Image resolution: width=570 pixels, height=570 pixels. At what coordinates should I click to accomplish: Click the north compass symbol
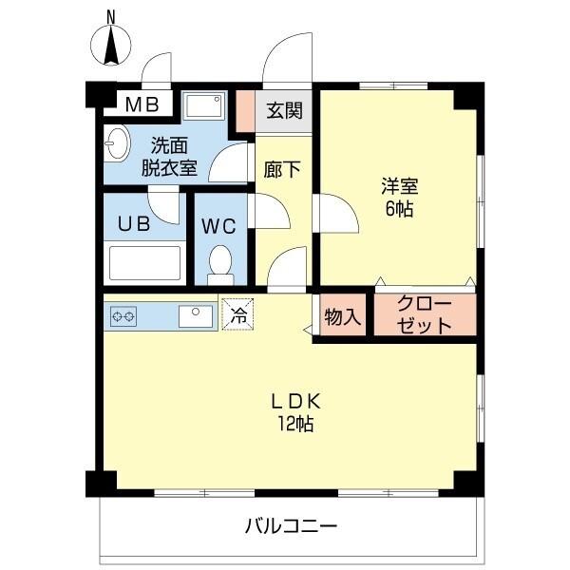click(110, 44)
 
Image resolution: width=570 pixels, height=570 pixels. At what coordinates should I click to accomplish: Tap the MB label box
click(144, 104)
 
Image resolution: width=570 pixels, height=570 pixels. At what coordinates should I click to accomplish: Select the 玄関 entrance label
click(283, 111)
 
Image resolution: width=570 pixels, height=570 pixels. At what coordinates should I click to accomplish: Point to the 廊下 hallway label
click(282, 169)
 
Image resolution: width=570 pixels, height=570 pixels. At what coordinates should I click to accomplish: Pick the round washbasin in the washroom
click(117, 145)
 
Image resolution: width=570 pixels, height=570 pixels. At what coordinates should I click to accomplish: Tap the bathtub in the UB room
click(145, 263)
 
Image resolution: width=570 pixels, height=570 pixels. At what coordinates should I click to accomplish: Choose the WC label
click(219, 227)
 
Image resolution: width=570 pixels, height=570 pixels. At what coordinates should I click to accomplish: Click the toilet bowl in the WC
click(220, 261)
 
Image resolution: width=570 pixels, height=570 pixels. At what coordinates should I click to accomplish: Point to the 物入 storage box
click(342, 317)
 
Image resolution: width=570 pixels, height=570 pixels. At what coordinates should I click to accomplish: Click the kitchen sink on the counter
click(196, 315)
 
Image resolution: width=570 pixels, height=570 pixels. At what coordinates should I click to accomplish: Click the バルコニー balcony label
click(291, 525)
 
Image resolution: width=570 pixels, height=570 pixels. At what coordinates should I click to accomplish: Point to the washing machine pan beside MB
click(204, 105)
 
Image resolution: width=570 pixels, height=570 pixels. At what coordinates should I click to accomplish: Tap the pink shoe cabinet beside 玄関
click(246, 111)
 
